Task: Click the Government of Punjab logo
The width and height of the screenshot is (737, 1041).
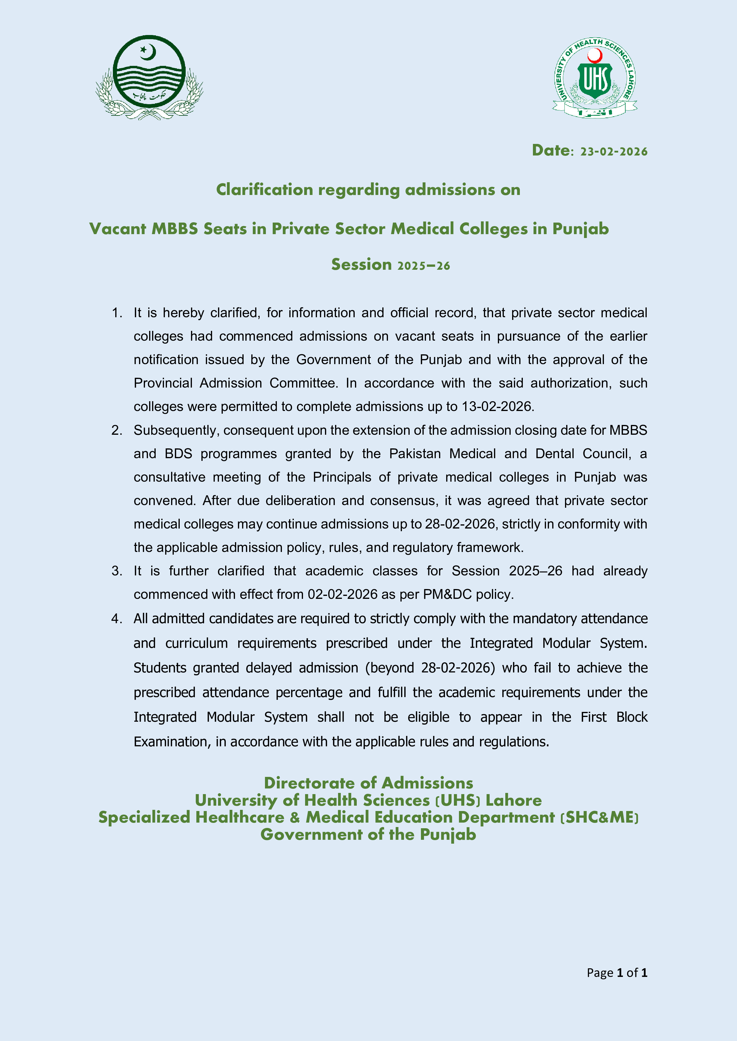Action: point(149,77)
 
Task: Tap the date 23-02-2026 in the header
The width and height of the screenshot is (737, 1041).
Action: point(613,151)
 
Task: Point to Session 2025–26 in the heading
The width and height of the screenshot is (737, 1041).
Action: point(390,264)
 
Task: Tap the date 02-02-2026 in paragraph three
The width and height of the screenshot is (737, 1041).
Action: point(342,594)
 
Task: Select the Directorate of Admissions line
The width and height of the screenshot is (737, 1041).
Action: point(368,783)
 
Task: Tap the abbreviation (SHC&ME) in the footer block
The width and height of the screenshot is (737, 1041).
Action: point(599,818)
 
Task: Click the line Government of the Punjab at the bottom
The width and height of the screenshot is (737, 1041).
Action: point(368,835)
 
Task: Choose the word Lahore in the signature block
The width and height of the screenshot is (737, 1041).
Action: point(513,800)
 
